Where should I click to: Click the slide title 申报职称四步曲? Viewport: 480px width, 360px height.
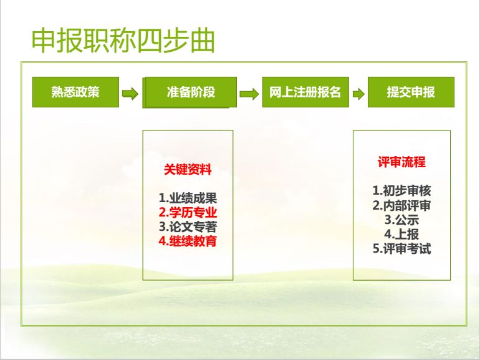click(x=123, y=41)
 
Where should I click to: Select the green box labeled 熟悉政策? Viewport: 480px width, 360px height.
click(x=75, y=92)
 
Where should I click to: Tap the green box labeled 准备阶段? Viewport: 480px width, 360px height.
click(x=190, y=92)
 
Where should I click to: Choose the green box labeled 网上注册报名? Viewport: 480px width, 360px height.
click(x=305, y=92)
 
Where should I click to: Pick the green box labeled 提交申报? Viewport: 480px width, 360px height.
click(x=411, y=92)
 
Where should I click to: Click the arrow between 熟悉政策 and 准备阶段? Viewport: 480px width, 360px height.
click(x=130, y=94)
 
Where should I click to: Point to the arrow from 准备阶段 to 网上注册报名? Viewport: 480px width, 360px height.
click(x=249, y=94)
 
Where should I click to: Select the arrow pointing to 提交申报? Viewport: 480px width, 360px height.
click(x=358, y=94)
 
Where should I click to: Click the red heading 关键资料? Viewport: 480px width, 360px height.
click(x=188, y=169)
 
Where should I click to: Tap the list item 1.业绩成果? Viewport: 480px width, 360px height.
click(x=188, y=198)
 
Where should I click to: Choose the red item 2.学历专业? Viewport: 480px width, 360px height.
click(x=188, y=212)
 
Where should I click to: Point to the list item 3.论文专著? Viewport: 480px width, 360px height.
click(x=188, y=226)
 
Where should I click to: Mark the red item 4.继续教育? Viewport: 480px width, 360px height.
click(x=188, y=241)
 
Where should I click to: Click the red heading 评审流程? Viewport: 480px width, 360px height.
click(x=401, y=162)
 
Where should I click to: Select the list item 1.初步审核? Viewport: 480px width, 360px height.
click(x=401, y=190)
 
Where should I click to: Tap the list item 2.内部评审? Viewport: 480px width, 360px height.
click(x=401, y=205)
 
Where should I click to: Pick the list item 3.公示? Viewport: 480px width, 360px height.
click(x=401, y=220)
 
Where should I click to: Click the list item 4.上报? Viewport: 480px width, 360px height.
click(x=401, y=234)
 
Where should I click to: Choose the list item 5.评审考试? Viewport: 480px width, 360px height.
click(x=401, y=248)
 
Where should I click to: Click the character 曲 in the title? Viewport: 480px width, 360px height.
click(x=202, y=41)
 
